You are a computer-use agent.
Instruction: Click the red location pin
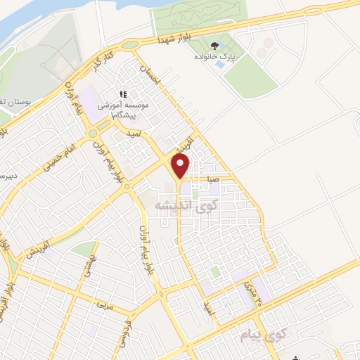click(x=181, y=166)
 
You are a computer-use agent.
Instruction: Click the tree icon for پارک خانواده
click(x=224, y=48)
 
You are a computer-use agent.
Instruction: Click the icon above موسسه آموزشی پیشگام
click(x=123, y=94)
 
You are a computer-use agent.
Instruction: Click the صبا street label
click(x=214, y=180)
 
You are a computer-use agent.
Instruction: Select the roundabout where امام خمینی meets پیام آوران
click(x=91, y=132)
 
